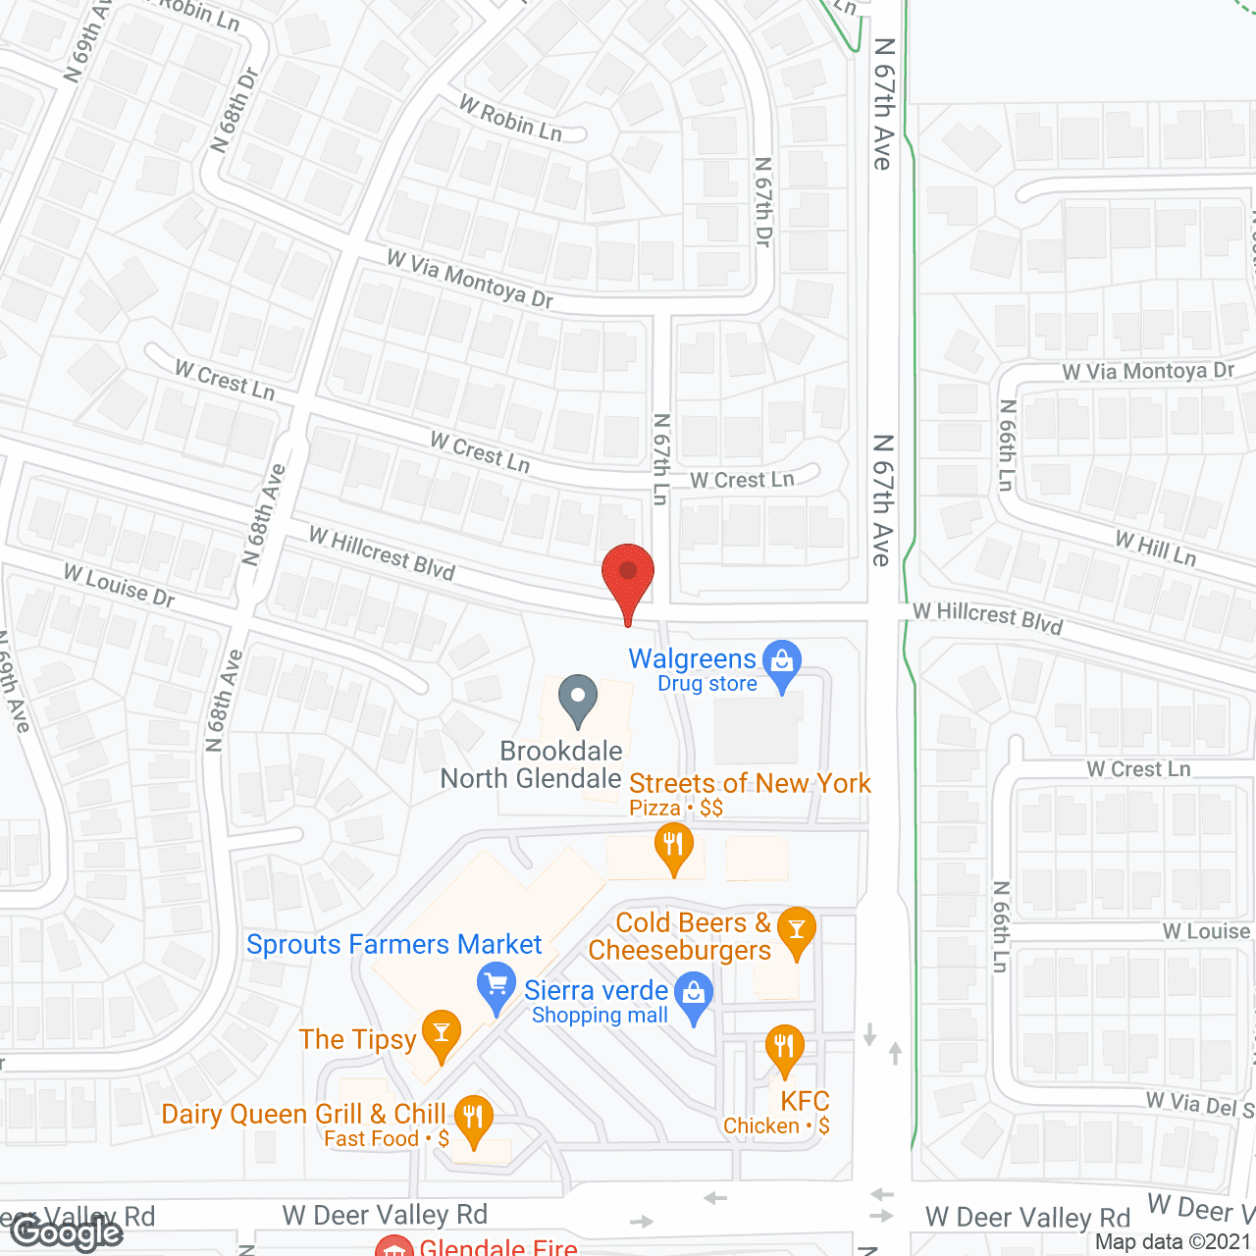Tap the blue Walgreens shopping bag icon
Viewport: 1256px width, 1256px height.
coord(782,662)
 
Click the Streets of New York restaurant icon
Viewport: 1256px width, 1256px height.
coord(673,845)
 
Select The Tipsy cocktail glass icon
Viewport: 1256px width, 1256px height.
coord(442,1033)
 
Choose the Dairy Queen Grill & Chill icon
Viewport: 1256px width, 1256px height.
coord(473,1118)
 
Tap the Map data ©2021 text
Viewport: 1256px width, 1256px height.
coord(1174,1242)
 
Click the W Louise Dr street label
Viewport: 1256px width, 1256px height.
coord(120,586)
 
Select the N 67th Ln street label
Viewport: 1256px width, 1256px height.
coord(661,458)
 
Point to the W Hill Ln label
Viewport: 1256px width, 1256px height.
coord(1156,549)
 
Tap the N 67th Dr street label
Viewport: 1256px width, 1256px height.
coord(763,201)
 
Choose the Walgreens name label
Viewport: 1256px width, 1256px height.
coord(692,658)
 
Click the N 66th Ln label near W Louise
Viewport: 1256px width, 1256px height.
coord(1000,926)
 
